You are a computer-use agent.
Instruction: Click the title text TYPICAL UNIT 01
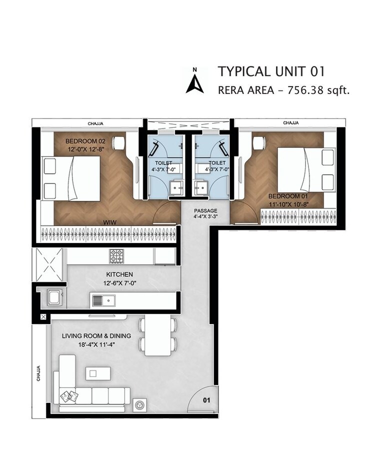[x=271, y=71]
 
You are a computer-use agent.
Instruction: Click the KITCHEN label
[x=119, y=274]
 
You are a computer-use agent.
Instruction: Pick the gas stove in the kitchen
[x=117, y=256]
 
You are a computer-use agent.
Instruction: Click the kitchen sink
[x=103, y=301]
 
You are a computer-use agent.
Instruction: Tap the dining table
[x=158, y=335]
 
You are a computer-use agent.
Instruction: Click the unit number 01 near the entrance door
[x=206, y=400]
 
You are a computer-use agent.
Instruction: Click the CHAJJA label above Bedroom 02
[x=95, y=122]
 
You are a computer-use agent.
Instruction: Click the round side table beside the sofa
[x=139, y=405]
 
